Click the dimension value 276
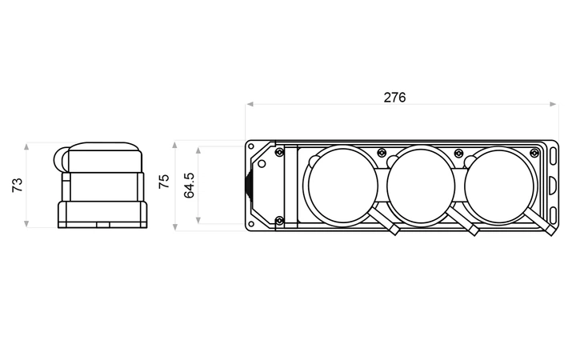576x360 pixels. pyautogui.click(x=394, y=98)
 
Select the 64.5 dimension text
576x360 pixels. pyautogui.click(x=189, y=186)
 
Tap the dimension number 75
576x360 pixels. pyautogui.click(x=164, y=182)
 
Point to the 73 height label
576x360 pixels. pyautogui.click(x=18, y=185)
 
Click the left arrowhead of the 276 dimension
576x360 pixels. pyautogui.click(x=250, y=104)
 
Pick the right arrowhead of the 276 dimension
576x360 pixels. pyautogui.click(x=554, y=104)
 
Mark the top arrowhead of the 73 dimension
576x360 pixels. pyautogui.click(x=26, y=147)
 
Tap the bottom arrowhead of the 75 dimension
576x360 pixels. pyautogui.click(x=175, y=227)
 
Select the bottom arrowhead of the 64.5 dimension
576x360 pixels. pyautogui.click(x=198, y=220)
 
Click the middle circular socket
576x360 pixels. pyautogui.click(x=421, y=186)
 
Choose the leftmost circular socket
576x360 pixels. pyautogui.click(x=342, y=186)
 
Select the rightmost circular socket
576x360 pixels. pyautogui.click(x=499, y=186)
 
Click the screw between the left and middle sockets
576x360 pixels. pyautogui.click(x=382, y=152)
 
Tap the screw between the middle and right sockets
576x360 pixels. pyautogui.click(x=458, y=153)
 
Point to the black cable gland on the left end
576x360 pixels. pyautogui.click(x=249, y=186)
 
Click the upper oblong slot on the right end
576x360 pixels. pyautogui.click(x=554, y=157)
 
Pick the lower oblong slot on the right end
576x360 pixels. pyautogui.click(x=554, y=216)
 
